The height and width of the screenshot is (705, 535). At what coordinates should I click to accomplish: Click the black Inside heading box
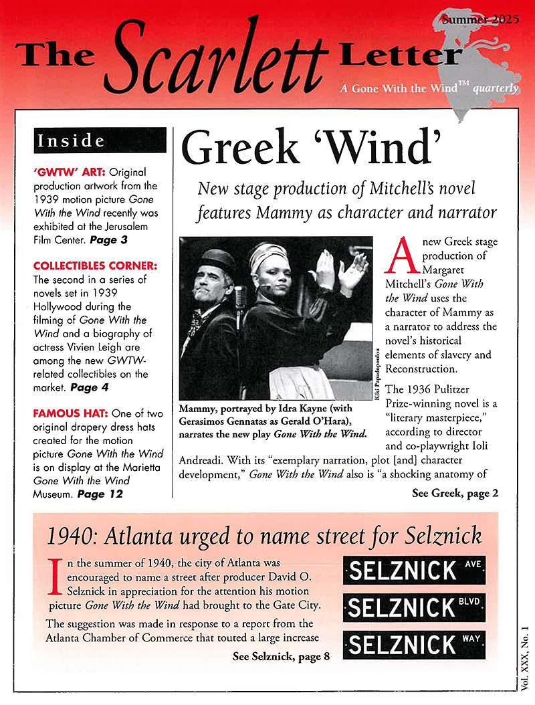[100, 140]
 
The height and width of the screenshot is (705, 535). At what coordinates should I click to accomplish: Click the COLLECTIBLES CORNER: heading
[95, 266]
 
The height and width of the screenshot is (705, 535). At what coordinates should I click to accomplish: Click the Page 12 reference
[100, 494]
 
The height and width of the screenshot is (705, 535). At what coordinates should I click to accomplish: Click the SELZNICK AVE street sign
[414, 571]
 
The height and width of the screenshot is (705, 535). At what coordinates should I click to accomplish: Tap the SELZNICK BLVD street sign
[414, 607]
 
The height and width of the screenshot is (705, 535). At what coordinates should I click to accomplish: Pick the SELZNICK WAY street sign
[414, 644]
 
